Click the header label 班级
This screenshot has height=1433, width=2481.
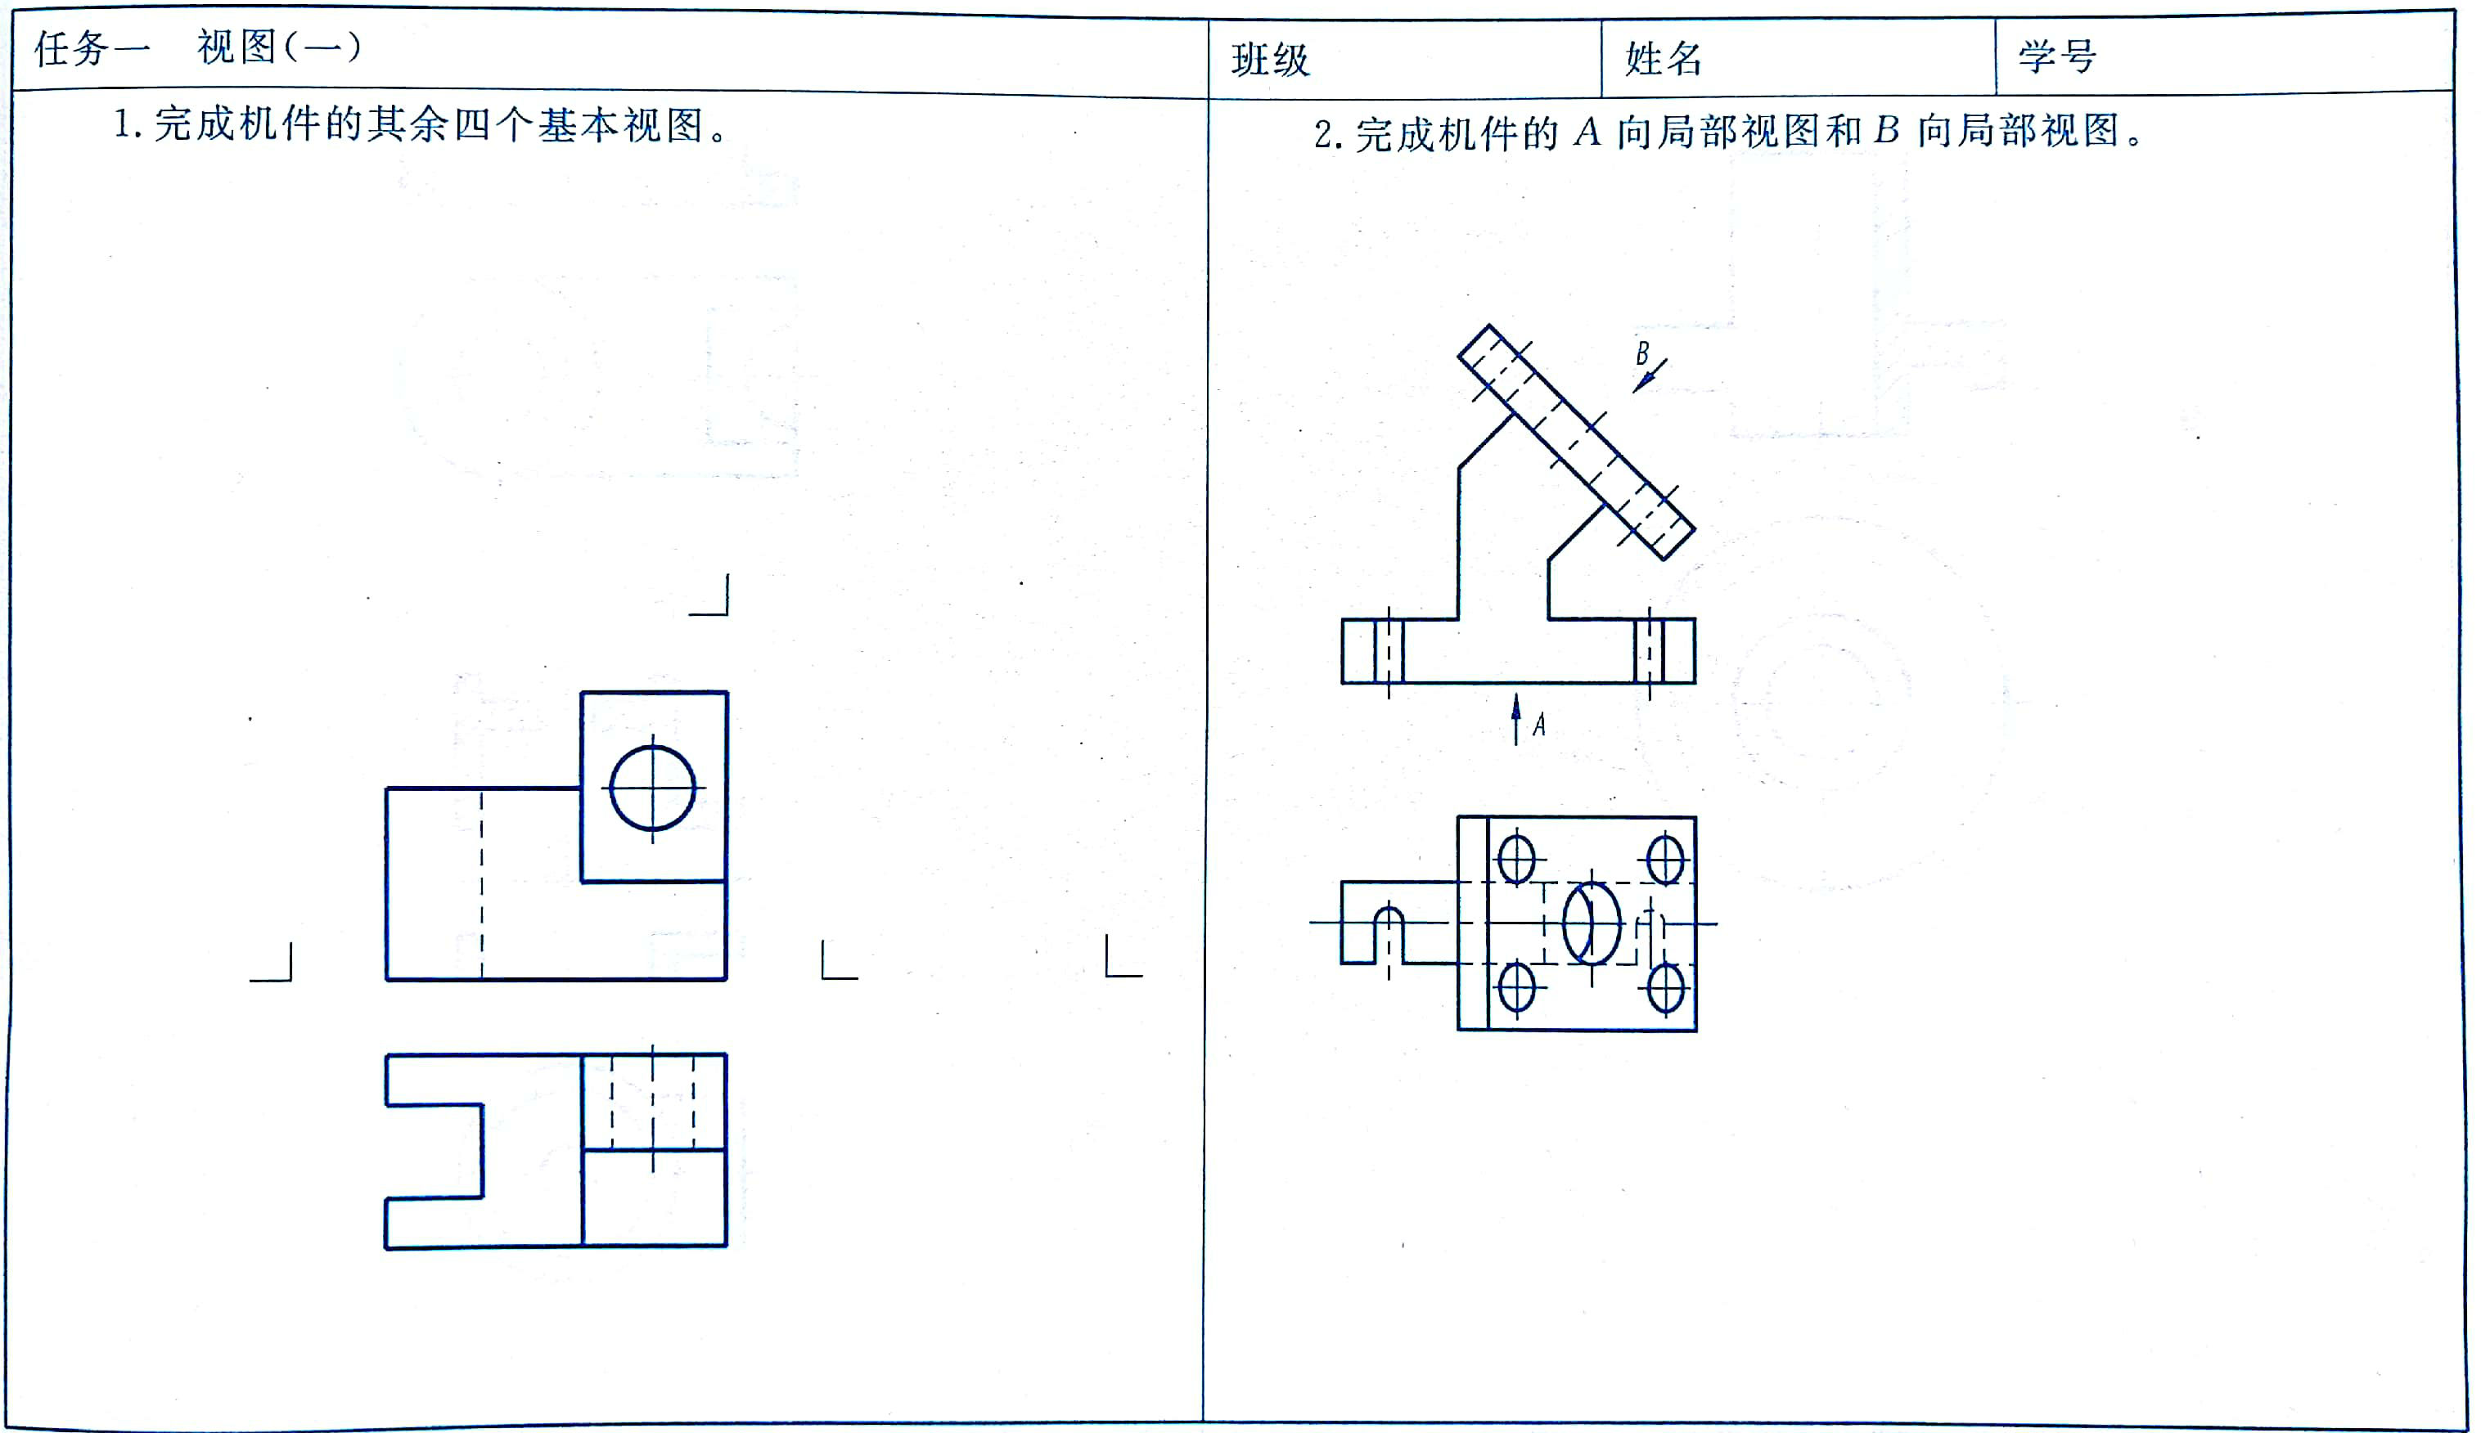[x=1270, y=60]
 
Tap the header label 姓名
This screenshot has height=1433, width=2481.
[x=1663, y=59]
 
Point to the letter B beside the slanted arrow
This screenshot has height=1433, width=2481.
[x=1641, y=353]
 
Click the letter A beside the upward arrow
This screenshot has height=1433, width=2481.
[x=1539, y=725]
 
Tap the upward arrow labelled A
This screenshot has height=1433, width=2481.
[x=1516, y=718]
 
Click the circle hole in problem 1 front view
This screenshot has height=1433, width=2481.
[x=652, y=788]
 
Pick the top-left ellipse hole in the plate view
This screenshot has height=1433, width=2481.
[x=1516, y=859]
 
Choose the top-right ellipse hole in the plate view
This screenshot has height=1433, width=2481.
[x=1665, y=859]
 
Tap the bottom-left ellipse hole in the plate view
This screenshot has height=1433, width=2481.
[x=1516, y=987]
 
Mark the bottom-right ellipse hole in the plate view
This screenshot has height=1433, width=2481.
[x=1665, y=987]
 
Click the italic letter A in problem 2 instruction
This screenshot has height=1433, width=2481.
[x=1586, y=132]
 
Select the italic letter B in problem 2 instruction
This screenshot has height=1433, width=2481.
[x=1885, y=130]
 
